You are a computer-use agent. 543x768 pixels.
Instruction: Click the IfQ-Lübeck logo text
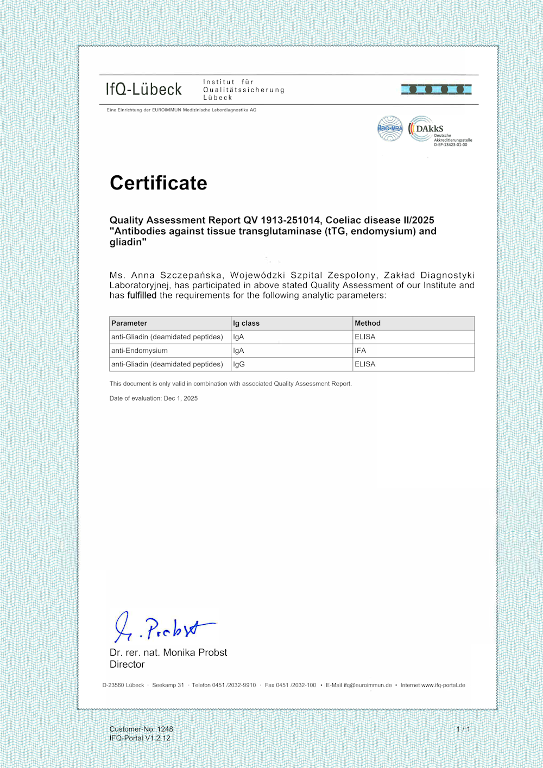(144, 90)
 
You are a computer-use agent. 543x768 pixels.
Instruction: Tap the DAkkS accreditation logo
(439, 131)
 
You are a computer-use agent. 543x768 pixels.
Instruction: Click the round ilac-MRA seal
(390, 129)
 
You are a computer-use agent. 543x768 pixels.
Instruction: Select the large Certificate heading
(159, 183)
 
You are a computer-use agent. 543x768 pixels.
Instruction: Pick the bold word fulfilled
(142, 295)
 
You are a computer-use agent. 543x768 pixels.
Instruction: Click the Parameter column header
(129, 323)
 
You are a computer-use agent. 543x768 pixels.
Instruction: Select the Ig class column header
(247, 323)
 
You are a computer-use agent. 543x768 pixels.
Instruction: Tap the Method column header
(368, 323)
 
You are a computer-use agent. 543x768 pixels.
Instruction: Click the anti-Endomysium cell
(140, 351)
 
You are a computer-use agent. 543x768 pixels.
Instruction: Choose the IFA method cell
(361, 351)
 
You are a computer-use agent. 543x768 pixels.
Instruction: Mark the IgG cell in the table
(239, 364)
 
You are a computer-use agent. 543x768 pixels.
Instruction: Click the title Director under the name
(127, 664)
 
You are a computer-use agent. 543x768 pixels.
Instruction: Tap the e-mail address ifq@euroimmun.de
(368, 685)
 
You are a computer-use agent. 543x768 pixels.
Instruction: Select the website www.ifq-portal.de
(443, 685)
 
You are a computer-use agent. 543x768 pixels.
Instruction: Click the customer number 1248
(165, 729)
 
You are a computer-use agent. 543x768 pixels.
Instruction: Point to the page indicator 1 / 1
(463, 729)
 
